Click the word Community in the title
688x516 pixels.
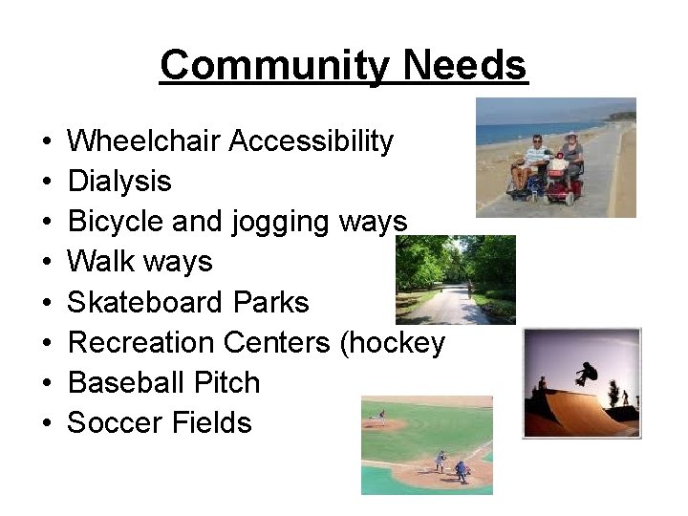tap(276, 66)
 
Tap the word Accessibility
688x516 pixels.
tap(312, 141)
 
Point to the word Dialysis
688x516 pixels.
tap(119, 182)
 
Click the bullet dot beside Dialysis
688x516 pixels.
tap(47, 183)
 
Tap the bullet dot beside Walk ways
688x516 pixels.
tap(47, 263)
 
